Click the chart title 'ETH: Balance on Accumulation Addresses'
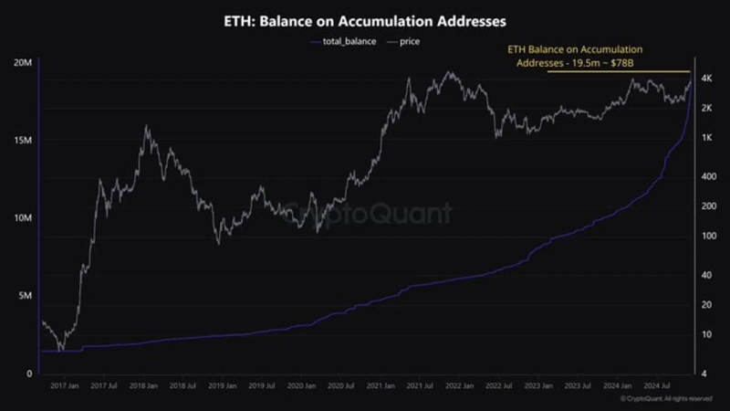tap(365, 18)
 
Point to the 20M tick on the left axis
tap(25, 62)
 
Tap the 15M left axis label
tap(25, 141)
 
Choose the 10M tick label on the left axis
tap(25, 218)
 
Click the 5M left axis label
tap(27, 296)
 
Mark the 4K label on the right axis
tap(705, 80)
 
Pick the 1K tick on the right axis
tap(705, 138)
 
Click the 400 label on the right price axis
tap(706, 176)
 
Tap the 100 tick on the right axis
tap(706, 236)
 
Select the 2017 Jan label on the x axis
tap(65, 386)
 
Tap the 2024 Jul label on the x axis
tap(675, 386)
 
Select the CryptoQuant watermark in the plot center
tap(365, 214)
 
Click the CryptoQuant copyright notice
tap(666, 399)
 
